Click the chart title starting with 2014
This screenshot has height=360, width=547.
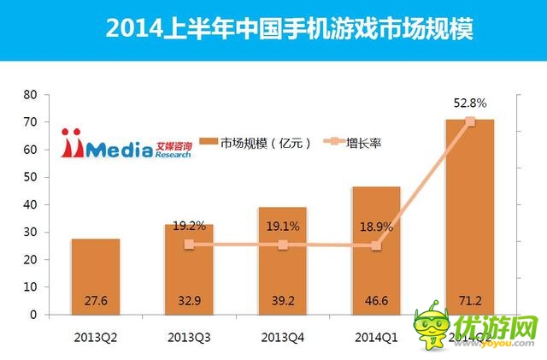pos(290,30)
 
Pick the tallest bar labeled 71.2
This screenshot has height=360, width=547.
pos(469,214)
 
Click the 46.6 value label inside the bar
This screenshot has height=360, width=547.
pos(376,302)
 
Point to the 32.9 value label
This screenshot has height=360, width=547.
pos(189,302)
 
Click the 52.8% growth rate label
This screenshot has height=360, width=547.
pos(469,103)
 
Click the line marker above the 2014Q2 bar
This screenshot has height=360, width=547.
pos(469,121)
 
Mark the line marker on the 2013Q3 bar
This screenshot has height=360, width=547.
pos(189,245)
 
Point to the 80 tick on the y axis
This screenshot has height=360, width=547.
pos(31,94)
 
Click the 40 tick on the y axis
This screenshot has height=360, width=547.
pos(31,204)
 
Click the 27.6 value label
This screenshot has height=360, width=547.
pos(96,302)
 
